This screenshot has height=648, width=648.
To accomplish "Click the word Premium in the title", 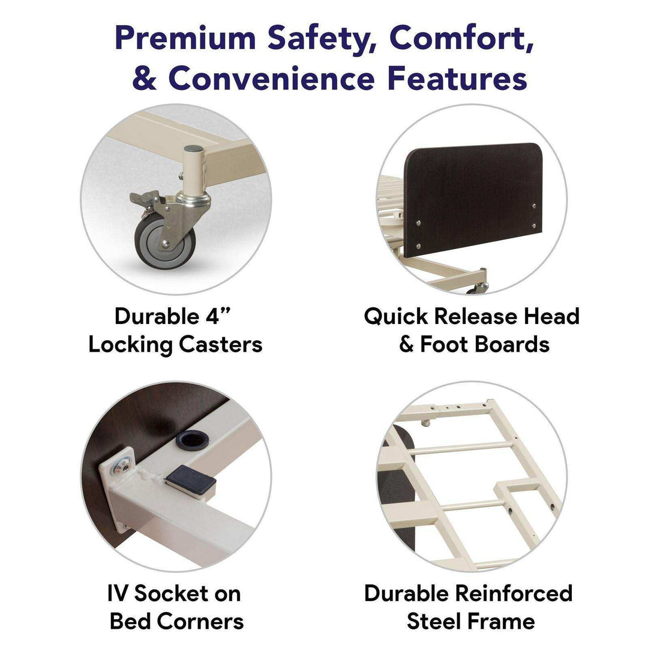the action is [185, 37].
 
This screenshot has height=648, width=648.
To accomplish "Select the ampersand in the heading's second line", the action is [145, 77].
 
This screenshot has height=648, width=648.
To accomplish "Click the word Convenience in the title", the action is [271, 77].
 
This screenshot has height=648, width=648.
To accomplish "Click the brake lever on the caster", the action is [145, 198].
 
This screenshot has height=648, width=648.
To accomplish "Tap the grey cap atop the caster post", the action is [193, 149].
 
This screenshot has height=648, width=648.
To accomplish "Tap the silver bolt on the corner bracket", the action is [122, 467].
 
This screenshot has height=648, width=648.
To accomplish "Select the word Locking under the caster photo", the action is [130, 344].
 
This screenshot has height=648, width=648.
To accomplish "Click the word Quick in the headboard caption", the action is [396, 317].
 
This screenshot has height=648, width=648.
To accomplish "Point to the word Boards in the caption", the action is [512, 344].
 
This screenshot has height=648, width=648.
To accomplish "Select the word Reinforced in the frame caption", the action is [514, 593].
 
